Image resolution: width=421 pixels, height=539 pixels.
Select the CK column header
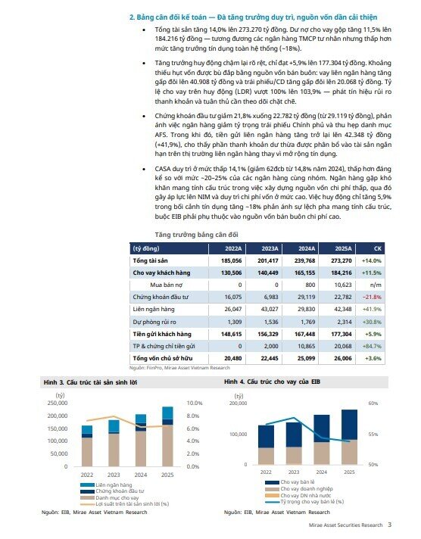pos(378,248)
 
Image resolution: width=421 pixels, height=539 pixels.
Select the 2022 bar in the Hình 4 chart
pos(266,444)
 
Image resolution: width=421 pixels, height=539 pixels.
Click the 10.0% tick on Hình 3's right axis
pos(195,403)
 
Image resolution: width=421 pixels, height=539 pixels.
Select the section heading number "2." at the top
pos(132,15)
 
